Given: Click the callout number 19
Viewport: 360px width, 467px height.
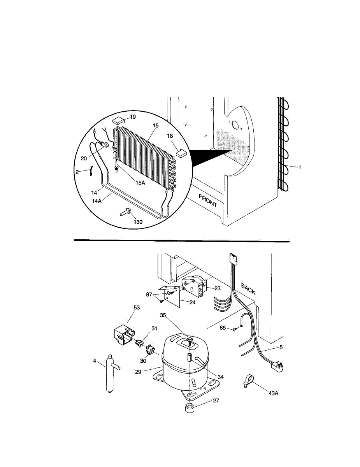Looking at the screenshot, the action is point(133,117).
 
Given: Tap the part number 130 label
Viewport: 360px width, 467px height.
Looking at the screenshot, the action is point(138,222).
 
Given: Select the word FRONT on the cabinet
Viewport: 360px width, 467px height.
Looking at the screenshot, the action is point(208,200).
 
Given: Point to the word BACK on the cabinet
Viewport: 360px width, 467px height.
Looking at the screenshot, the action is point(248,289).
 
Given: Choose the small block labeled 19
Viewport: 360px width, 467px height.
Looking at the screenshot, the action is point(118,121).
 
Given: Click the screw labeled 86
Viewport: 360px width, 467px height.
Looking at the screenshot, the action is point(235,328).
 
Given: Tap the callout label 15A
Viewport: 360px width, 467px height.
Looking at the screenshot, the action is point(140,183).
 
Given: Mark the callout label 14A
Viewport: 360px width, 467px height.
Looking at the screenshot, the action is point(97,201).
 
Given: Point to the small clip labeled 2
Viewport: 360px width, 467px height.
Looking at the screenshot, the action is point(91,172).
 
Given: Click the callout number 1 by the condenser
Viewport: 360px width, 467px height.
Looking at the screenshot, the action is point(300,167).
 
